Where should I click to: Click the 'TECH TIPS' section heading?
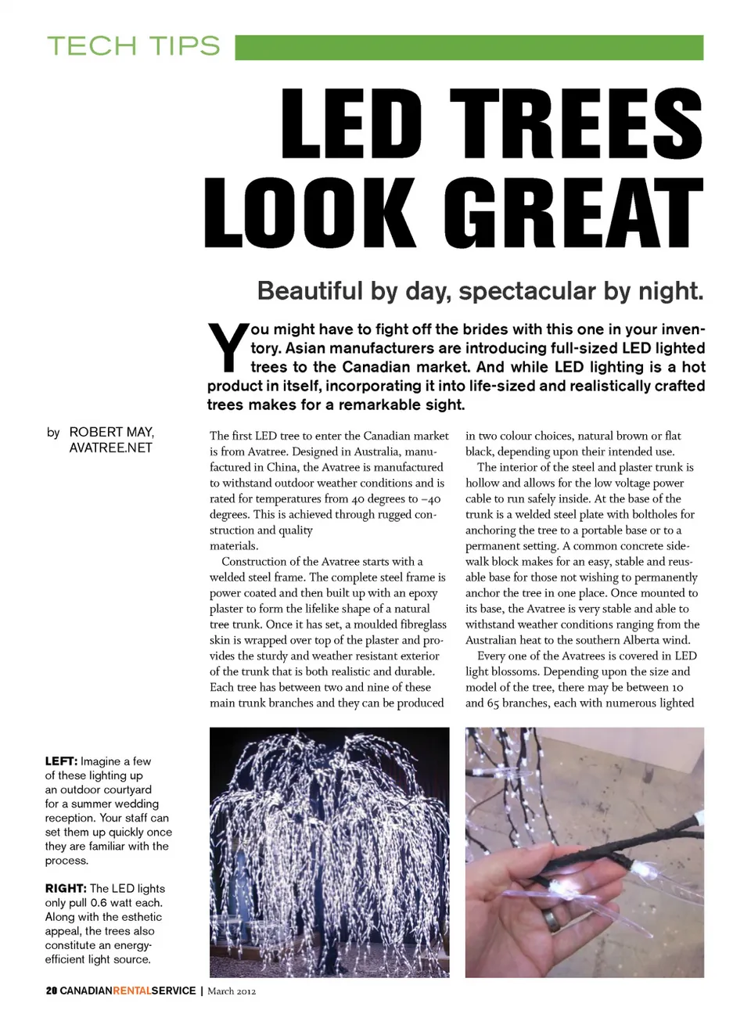(133, 46)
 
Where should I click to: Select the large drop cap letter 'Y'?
(228, 347)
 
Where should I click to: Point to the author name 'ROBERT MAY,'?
(111, 432)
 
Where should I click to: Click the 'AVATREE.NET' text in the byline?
(110, 448)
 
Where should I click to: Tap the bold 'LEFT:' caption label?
(61, 761)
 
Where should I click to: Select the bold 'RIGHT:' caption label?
(66, 889)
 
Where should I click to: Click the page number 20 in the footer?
(52, 991)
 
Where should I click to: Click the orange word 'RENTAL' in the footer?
(132, 991)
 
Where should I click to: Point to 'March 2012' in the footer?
(232, 991)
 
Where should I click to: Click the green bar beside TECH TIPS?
(469, 47)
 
